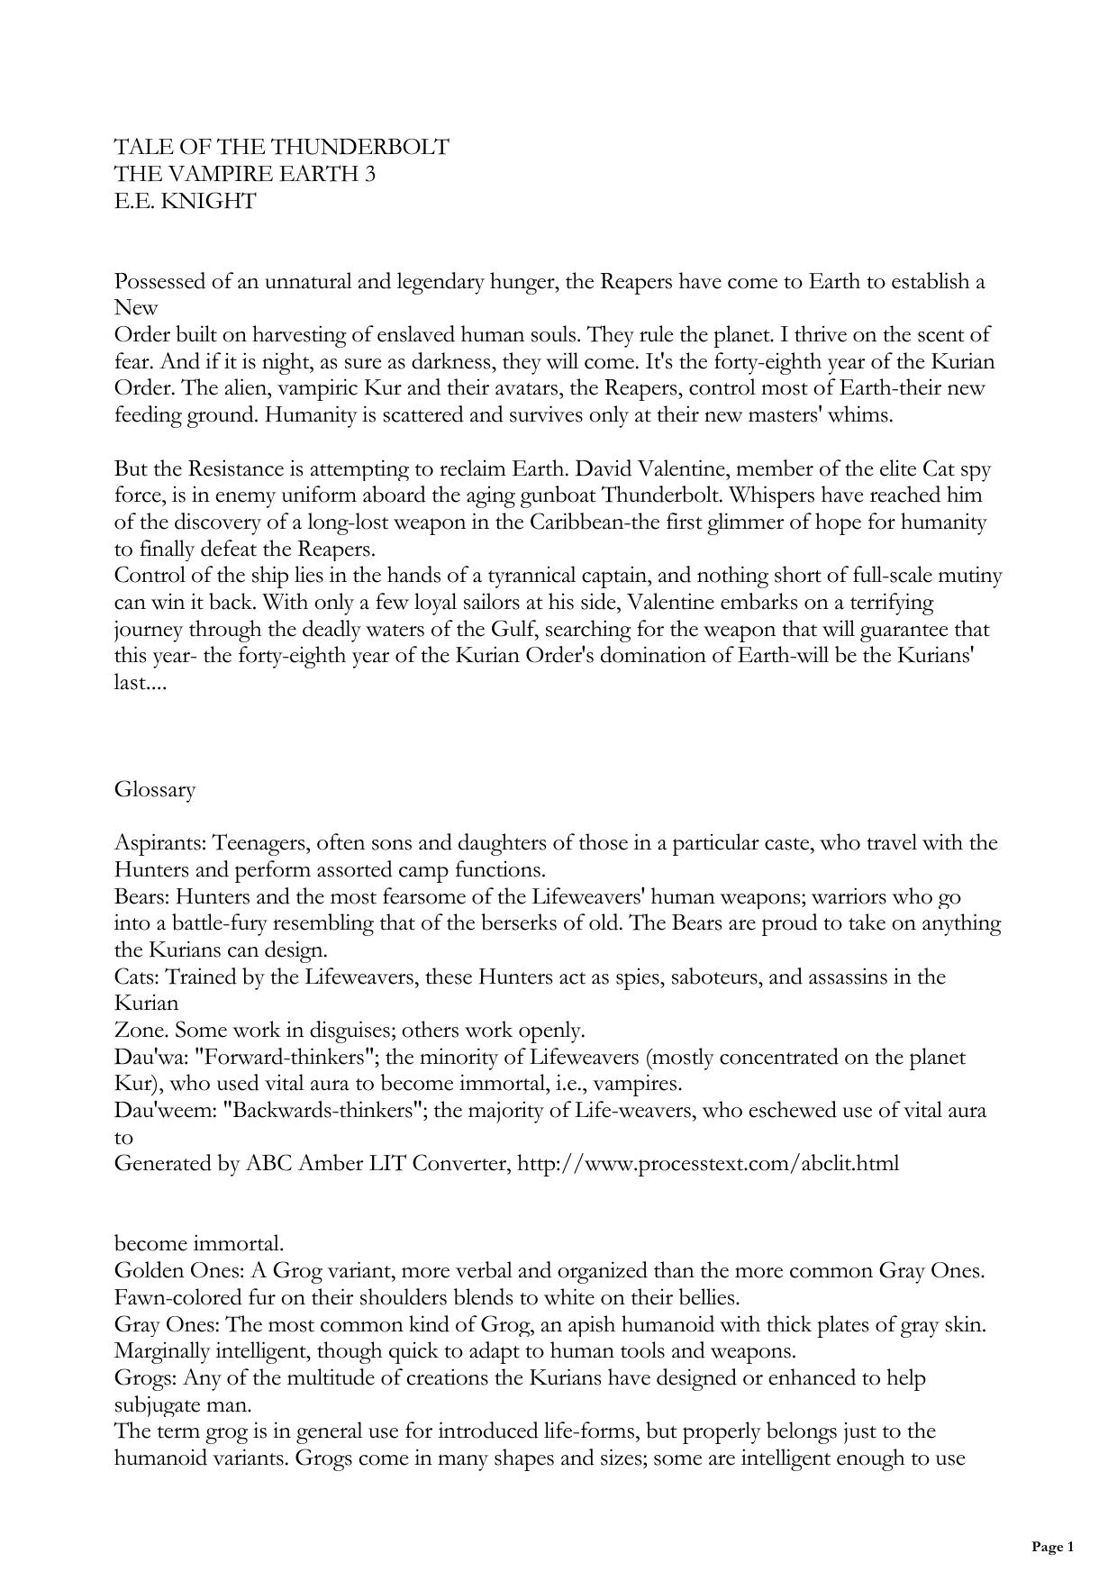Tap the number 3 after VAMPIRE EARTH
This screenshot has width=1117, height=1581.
coord(369,174)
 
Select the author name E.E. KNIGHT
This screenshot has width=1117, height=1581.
coord(185,201)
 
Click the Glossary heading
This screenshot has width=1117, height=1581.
coord(155,790)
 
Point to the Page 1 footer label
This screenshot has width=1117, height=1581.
coord(1052,1548)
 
